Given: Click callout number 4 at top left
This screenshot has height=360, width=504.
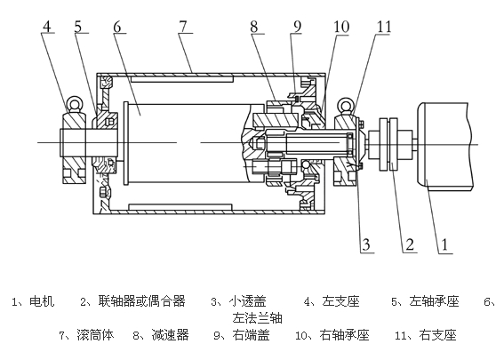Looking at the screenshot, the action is pyautogui.click(x=47, y=27).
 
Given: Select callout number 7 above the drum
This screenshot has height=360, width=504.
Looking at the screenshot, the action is pyautogui.click(x=183, y=27).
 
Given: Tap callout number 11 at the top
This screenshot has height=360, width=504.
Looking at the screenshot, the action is pyautogui.click(x=384, y=27).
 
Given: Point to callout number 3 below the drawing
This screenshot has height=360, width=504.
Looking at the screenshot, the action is pyautogui.click(x=366, y=244).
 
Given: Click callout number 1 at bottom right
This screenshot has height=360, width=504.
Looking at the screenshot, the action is pyautogui.click(x=444, y=244).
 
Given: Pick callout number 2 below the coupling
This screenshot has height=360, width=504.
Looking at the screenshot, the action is pyautogui.click(x=410, y=244).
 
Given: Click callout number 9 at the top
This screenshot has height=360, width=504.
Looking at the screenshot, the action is pyautogui.click(x=297, y=27).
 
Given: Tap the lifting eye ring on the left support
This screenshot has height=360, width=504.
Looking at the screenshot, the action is pyautogui.click(x=75, y=104).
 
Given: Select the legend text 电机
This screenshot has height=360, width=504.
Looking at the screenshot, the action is pyautogui.click(x=42, y=301).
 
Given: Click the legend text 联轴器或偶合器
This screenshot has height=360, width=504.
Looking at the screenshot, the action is pyautogui.click(x=142, y=301).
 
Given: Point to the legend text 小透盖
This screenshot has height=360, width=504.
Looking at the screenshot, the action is pyautogui.click(x=247, y=301).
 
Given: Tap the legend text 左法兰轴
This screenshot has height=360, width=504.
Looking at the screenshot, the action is pyautogui.click(x=258, y=318).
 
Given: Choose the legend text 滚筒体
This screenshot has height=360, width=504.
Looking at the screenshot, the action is pyautogui.click(x=95, y=335).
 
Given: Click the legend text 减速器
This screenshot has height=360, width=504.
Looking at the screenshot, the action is pyautogui.click(x=170, y=335).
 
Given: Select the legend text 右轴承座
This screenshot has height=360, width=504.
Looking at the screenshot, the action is pyautogui.click(x=344, y=335).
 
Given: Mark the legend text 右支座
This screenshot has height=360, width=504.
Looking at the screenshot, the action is pyautogui.click(x=438, y=335).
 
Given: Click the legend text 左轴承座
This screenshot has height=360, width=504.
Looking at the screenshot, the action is pyautogui.click(x=434, y=301).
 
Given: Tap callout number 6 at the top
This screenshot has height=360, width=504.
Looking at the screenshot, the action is pyautogui.click(x=117, y=27).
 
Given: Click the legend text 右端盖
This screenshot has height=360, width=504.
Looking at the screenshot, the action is pyautogui.click(x=251, y=335).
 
